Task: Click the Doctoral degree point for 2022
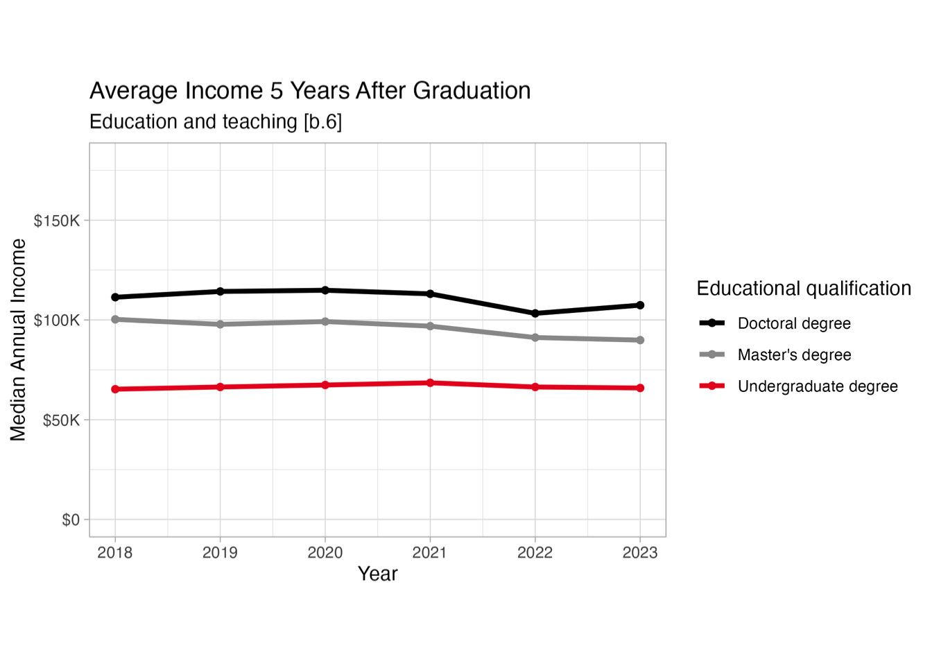click(x=535, y=314)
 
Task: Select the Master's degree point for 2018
click(x=115, y=320)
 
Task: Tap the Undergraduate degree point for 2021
click(x=430, y=383)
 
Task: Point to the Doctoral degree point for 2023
click(x=640, y=305)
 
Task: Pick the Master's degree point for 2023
click(x=640, y=340)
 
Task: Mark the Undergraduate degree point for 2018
click(x=115, y=389)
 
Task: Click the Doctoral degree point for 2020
click(x=325, y=290)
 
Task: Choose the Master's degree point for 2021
click(x=430, y=326)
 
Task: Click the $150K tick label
click(x=57, y=221)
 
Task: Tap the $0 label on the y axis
click(x=71, y=520)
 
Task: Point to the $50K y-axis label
click(x=61, y=420)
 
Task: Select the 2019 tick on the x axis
click(x=220, y=553)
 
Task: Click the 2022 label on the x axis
click(x=535, y=553)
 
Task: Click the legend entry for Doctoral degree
click(x=794, y=323)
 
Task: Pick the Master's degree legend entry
click(x=794, y=355)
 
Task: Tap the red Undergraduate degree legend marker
click(x=712, y=386)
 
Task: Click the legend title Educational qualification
click(x=804, y=289)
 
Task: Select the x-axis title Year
click(x=377, y=574)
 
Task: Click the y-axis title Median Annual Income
click(x=18, y=340)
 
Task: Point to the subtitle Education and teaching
click(x=216, y=122)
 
